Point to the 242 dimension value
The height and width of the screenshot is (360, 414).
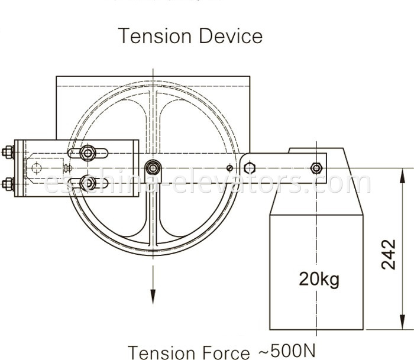pyautogui.click(x=389, y=254)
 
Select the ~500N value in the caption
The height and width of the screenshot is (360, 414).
pyautogui.click(x=284, y=351)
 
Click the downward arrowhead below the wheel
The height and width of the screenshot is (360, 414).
pyautogui.click(x=153, y=296)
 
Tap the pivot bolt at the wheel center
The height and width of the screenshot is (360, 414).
pyautogui.click(x=153, y=168)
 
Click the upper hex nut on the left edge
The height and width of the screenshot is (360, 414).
pyautogui.click(x=8, y=152)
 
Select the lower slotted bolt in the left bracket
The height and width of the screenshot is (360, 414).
pyautogui.click(x=88, y=184)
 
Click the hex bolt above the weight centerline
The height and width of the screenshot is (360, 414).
pyautogui.click(x=316, y=168)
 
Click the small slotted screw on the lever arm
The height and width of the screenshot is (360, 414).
pyautogui.click(x=230, y=168)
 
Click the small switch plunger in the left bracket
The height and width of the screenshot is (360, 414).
pyautogui.click(x=67, y=168)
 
